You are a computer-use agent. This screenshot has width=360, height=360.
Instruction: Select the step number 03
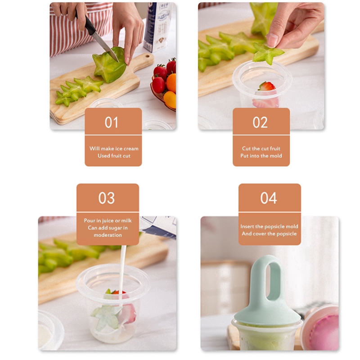point(107,198)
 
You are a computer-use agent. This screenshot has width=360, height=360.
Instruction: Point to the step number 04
point(269,198)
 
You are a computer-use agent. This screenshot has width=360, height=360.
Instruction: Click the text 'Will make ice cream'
point(114,148)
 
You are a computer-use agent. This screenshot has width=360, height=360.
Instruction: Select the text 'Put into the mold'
point(261,156)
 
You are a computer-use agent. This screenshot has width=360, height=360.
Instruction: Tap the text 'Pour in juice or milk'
point(108,220)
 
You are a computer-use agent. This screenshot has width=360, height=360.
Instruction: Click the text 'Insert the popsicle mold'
point(269,226)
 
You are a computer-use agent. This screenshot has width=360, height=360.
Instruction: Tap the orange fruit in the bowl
point(171,83)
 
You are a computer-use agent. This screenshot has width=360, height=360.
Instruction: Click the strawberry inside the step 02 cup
point(266,86)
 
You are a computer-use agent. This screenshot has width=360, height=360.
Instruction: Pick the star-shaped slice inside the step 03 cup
point(107,316)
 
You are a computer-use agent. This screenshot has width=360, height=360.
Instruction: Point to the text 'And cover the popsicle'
point(269,234)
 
